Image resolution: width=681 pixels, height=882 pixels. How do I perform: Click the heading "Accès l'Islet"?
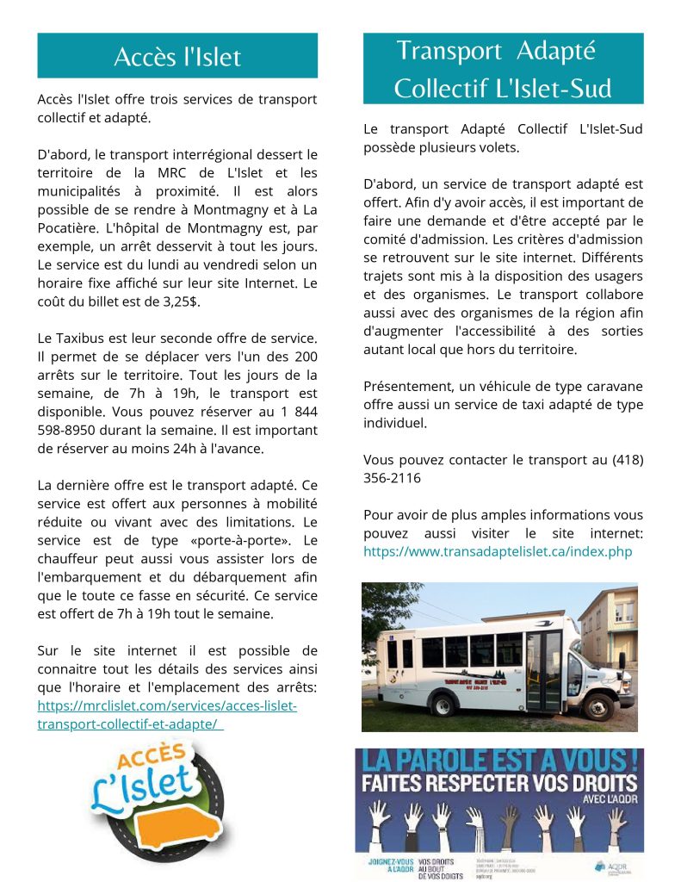[x=177, y=57]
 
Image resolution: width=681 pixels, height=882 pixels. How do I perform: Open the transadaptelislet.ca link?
[x=498, y=551]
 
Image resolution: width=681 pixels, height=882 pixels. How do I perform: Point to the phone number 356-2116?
[x=393, y=477]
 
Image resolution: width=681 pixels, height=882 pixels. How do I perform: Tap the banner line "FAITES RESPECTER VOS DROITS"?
[x=498, y=784]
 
